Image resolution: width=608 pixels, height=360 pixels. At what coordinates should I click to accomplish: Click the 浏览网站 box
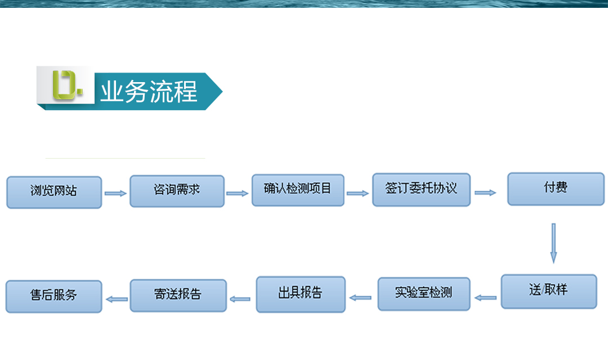tap(54, 192)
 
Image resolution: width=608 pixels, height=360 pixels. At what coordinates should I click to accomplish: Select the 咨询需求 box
tap(177, 191)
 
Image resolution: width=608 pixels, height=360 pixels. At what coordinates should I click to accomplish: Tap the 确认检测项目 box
tap(298, 190)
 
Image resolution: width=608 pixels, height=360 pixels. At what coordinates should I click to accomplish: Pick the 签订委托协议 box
tap(422, 190)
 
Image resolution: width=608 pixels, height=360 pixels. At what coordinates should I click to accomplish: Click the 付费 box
tap(556, 189)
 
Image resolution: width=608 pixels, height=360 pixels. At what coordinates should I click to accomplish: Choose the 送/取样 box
tap(549, 291)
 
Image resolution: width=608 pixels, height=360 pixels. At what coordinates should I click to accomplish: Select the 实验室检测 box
tap(424, 294)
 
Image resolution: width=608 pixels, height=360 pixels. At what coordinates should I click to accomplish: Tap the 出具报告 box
tap(301, 294)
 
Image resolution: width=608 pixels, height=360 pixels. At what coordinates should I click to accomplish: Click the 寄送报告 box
tap(178, 295)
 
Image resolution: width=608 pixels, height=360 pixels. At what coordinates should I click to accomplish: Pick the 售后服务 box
tap(54, 296)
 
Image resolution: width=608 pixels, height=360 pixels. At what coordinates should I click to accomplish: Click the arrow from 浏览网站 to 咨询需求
tap(115, 193)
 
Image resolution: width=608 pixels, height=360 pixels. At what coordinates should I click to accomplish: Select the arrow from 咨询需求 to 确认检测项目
tap(238, 193)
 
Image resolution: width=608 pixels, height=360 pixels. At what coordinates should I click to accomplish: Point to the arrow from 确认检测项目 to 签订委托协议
tap(357, 193)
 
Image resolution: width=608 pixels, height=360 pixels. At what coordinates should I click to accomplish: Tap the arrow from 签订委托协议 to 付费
tap(485, 192)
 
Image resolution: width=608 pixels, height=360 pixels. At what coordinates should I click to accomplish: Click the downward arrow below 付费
tap(554, 244)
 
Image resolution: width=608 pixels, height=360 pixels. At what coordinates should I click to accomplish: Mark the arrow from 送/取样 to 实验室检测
tap(485, 298)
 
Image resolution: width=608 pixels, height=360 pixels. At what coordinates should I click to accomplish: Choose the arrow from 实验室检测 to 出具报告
tap(360, 298)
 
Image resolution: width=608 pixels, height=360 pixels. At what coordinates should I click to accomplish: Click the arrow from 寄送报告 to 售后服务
tap(117, 299)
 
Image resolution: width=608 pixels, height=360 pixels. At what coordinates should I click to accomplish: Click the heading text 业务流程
tap(149, 92)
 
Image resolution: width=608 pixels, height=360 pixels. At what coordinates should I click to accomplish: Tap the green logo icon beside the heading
tap(66, 85)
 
